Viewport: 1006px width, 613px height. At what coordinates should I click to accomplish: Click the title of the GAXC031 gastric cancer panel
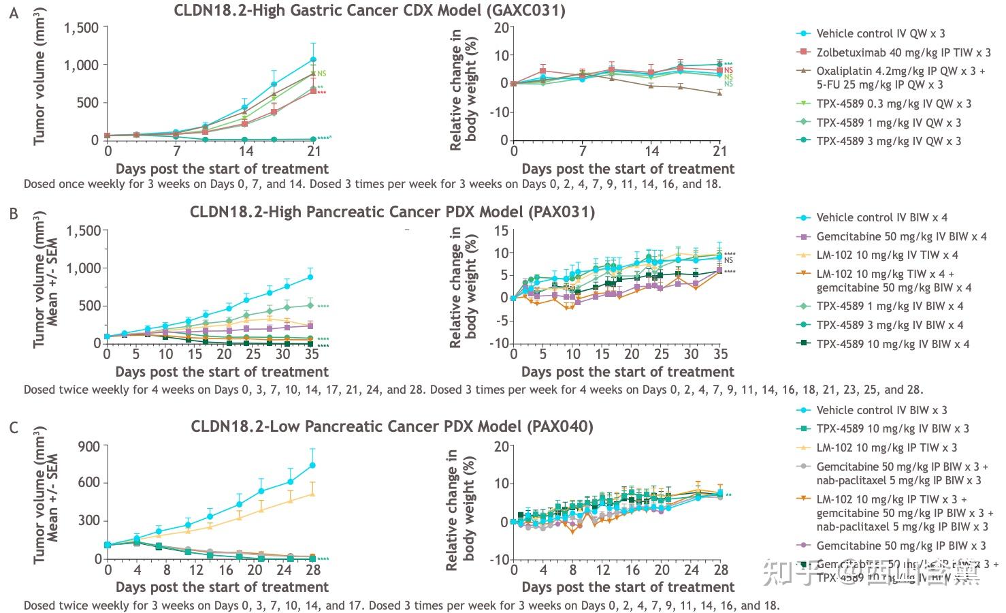369,10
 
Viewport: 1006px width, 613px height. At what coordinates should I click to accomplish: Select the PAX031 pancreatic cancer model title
392,212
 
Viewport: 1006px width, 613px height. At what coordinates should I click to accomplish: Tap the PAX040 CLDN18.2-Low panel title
391,427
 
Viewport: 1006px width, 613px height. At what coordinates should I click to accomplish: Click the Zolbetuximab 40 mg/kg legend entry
903,52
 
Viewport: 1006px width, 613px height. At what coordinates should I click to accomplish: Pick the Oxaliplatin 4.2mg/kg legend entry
900,71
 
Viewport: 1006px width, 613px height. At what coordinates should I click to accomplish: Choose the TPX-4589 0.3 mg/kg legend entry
893,104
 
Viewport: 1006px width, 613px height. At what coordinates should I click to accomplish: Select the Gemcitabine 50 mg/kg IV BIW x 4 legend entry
900,236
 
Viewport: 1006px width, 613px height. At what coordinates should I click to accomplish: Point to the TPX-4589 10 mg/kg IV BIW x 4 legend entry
892,344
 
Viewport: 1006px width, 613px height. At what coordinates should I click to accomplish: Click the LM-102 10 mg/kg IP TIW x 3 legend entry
886,447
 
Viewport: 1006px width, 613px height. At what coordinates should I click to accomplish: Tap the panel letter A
13,12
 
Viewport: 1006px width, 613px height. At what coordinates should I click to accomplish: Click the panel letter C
13,428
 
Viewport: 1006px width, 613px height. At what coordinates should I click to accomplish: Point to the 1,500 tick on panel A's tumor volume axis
81,28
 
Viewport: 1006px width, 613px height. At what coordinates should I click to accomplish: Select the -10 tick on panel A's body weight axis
500,112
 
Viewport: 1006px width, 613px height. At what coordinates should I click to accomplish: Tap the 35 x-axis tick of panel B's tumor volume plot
312,354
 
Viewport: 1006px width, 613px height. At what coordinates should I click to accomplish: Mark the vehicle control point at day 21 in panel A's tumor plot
313,60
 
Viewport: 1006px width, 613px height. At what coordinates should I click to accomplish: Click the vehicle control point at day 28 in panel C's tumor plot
312,465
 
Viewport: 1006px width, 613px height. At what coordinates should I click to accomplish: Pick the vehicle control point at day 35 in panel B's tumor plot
310,277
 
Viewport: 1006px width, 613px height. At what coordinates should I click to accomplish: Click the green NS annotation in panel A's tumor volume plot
322,74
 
